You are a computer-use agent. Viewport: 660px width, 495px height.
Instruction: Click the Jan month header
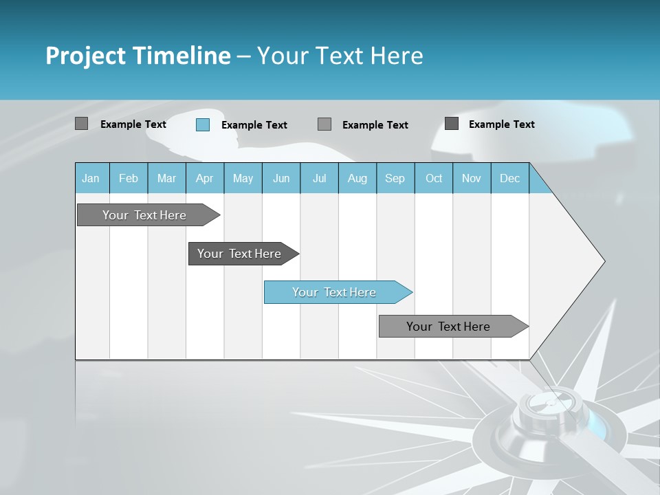pyautogui.click(x=91, y=179)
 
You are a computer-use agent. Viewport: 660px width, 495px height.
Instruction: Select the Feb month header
pyautogui.click(x=129, y=179)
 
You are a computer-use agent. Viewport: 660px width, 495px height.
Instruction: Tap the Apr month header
pyautogui.click(x=205, y=179)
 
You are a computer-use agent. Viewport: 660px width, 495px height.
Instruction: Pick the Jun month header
pyautogui.click(x=281, y=179)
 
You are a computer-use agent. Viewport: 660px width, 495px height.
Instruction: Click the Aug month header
pyautogui.click(x=357, y=179)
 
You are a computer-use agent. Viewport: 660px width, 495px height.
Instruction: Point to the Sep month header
pyautogui.click(x=395, y=179)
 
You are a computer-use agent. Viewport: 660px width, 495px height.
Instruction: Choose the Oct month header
pyautogui.click(x=434, y=179)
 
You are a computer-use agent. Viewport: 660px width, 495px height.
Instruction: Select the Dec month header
pyautogui.click(x=510, y=179)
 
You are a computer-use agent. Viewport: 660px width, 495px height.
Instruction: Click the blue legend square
pyautogui.click(x=203, y=124)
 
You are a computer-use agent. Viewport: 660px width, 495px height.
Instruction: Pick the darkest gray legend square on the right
pyautogui.click(x=452, y=124)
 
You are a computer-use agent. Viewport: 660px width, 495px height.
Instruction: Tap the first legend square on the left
pyautogui.click(x=82, y=124)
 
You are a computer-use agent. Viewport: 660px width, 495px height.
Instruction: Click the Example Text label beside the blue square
pyautogui.click(x=254, y=125)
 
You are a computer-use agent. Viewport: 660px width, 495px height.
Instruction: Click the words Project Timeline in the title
pyautogui.click(x=138, y=56)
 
